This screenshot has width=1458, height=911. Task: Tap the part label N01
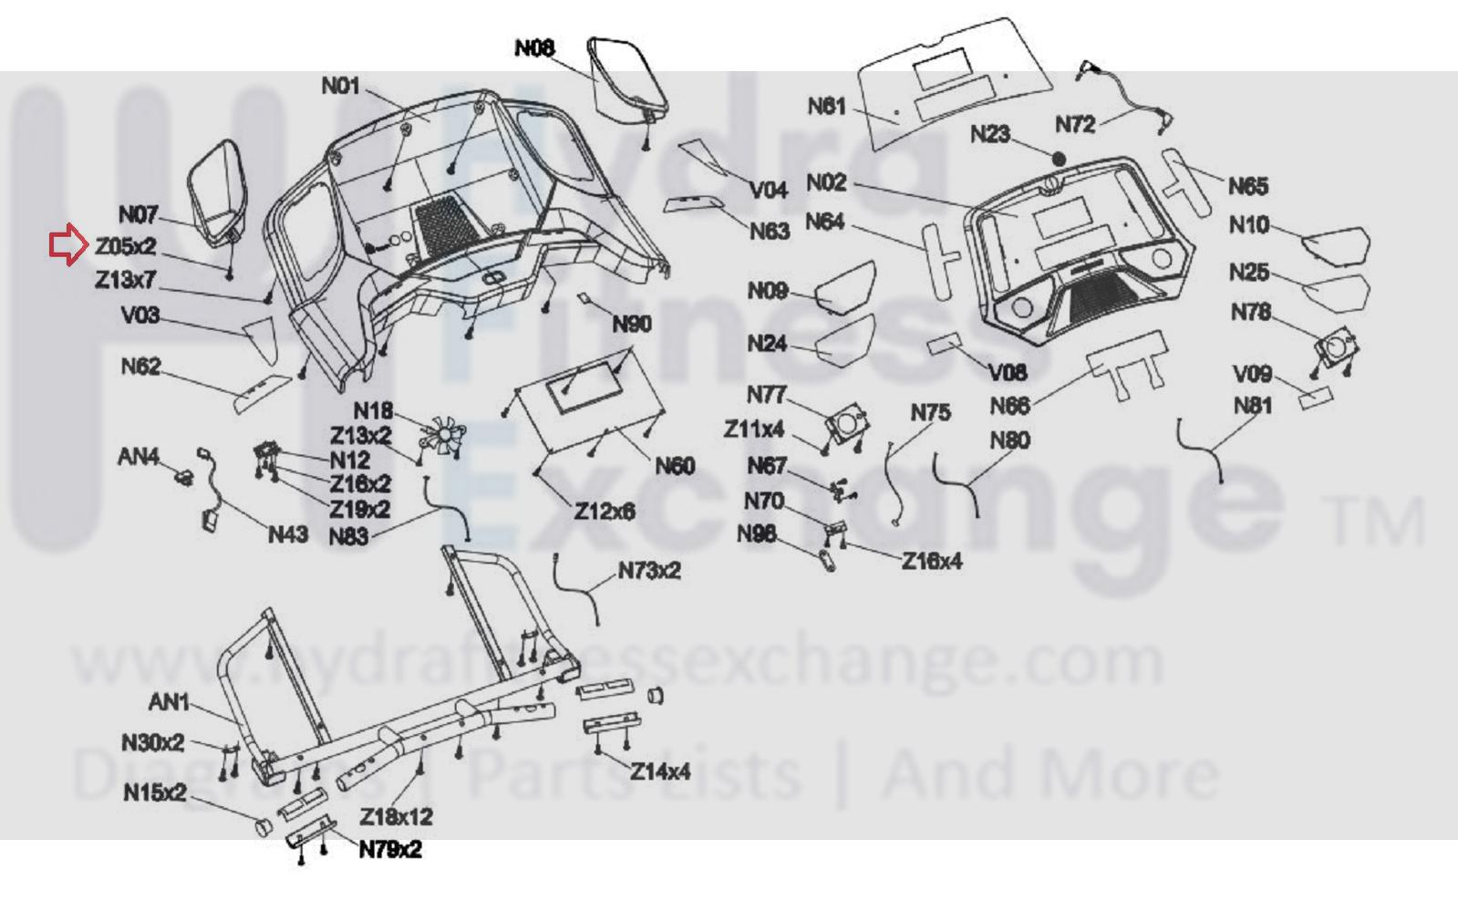341,87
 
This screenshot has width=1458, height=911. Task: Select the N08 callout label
534,48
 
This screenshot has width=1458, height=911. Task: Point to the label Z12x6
605,512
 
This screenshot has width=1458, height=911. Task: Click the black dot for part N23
1059,159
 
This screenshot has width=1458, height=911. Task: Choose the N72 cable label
1075,125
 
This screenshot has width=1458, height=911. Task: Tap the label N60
676,467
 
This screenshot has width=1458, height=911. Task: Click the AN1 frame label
169,702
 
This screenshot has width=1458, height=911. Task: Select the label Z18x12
396,816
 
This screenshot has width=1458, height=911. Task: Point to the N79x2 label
389,850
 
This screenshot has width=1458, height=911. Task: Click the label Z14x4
660,772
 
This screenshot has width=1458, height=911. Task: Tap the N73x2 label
649,571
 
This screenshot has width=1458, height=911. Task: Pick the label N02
826,182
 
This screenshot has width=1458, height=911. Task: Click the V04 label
768,190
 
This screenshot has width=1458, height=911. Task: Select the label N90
632,325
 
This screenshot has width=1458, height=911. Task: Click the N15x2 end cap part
263,827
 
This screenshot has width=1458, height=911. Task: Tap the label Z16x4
931,562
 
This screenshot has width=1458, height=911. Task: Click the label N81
1252,406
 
